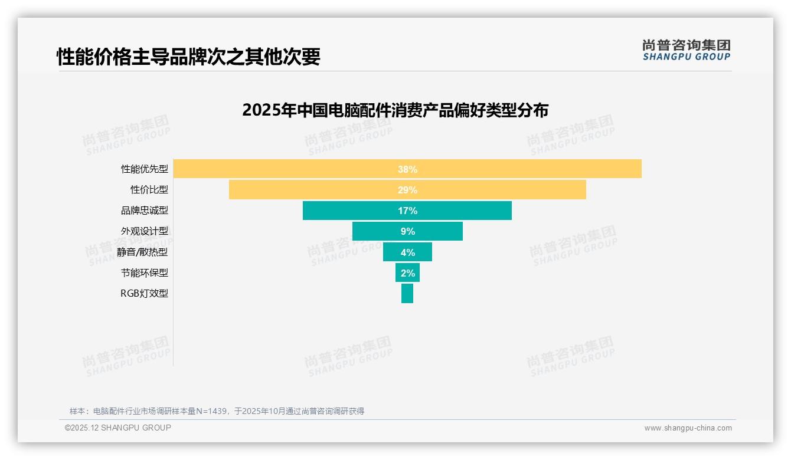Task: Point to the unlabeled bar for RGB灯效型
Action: coord(407,293)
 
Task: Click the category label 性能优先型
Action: coord(145,169)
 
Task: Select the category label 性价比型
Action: coord(149,190)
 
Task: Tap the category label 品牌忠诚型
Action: coord(145,211)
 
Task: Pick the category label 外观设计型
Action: coord(145,231)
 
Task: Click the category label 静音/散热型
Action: coord(143,252)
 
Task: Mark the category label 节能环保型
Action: coord(145,272)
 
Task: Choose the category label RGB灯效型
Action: coord(145,293)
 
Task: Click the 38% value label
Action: coord(407,169)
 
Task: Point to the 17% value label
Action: coord(407,211)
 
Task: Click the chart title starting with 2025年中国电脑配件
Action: coord(395,110)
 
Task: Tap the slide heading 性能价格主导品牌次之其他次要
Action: coord(188,57)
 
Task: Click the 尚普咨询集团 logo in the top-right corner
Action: coord(687,50)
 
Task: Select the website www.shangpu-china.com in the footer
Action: coord(688,428)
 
